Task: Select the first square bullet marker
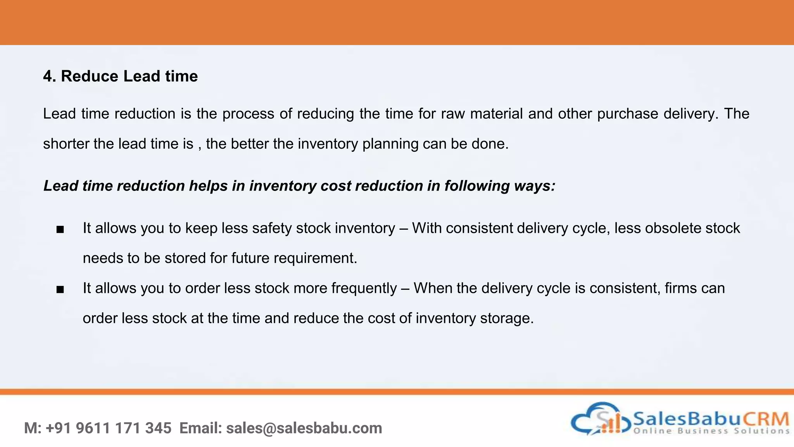(60, 230)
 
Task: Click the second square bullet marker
(60, 289)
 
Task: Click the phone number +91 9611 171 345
(109, 428)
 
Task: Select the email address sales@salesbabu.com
(304, 428)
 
